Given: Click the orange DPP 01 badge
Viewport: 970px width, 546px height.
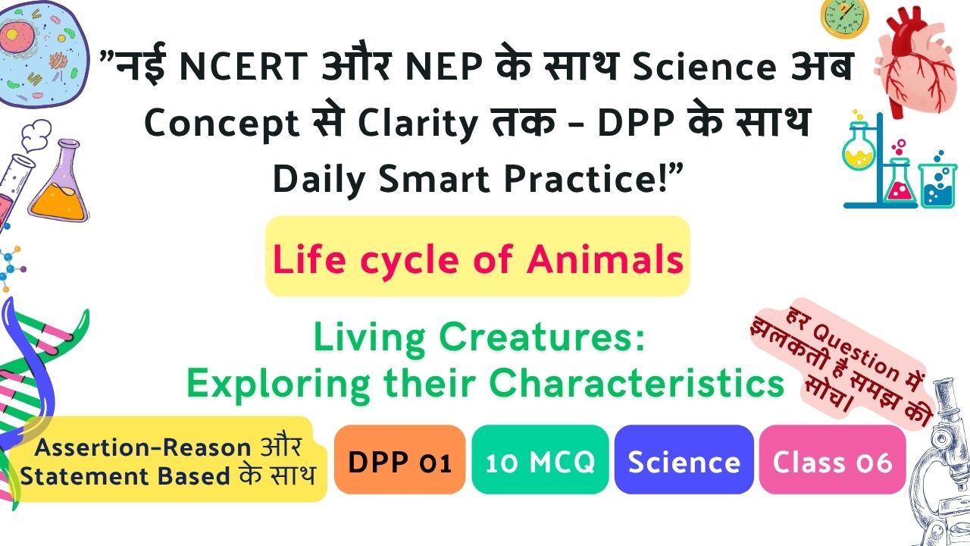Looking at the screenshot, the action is click(x=399, y=460).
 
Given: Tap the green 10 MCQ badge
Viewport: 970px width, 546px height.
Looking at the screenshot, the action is click(x=540, y=460).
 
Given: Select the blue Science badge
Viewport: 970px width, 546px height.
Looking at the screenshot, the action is click(x=684, y=460).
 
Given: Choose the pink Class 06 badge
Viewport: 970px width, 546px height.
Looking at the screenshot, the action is click(x=832, y=460).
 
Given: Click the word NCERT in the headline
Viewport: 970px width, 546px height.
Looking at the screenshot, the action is click(x=243, y=66).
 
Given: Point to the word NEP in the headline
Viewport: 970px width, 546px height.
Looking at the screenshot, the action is click(x=444, y=66).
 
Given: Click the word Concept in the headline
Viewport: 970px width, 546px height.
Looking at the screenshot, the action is click(x=222, y=123).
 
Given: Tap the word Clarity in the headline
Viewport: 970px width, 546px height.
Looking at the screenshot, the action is click(x=418, y=123).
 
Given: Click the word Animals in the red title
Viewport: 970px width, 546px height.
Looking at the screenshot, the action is click(x=605, y=259).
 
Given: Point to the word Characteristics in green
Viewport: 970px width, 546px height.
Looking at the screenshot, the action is click(x=637, y=383).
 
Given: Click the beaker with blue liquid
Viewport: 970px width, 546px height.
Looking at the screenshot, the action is click(x=938, y=186).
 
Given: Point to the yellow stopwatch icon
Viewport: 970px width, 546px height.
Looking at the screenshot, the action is click(x=844, y=18).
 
